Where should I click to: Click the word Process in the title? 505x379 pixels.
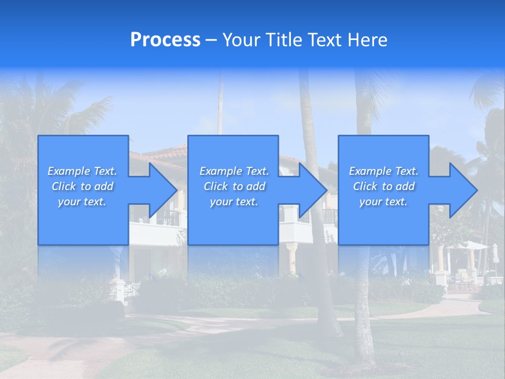165,40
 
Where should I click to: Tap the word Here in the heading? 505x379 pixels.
367,40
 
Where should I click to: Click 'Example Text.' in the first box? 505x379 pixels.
82,171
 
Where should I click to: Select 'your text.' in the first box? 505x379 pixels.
82,202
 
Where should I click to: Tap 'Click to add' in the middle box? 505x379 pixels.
234,186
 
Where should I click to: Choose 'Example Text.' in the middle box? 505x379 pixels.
234,171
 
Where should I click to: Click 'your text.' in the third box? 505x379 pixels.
383,202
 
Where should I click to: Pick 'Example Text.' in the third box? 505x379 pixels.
383,171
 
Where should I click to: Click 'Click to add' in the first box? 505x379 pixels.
82,186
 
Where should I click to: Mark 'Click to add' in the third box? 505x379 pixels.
383,186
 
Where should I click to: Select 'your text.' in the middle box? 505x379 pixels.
234,202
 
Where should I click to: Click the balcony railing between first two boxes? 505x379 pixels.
167,217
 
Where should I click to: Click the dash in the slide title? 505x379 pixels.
211,41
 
